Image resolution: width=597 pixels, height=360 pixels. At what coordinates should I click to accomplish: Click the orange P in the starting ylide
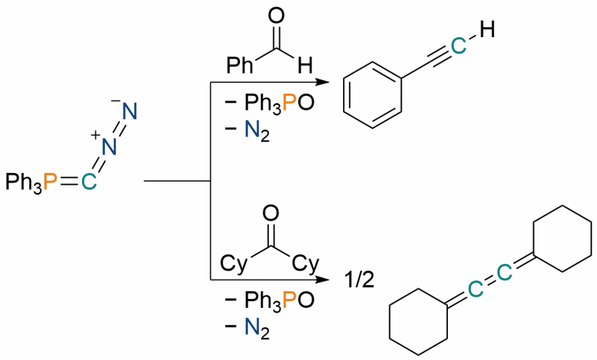50,181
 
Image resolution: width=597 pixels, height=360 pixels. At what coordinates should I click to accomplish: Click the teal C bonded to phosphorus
89,181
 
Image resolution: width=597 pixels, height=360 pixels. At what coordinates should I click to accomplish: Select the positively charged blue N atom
109,147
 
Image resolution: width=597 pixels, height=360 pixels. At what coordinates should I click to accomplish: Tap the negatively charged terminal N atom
129,111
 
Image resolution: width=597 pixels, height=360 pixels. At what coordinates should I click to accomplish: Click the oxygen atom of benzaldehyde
276,17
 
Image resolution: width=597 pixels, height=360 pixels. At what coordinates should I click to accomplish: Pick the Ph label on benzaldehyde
240,65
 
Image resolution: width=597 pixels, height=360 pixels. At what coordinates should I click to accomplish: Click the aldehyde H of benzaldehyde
305,65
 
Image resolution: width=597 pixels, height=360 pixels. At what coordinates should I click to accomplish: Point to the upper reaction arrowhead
322,82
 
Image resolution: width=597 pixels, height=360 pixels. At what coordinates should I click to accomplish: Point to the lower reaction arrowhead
322,280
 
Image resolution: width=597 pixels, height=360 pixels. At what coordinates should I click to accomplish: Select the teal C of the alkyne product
458,46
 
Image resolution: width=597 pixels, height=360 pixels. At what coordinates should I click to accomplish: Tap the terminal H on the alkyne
487,29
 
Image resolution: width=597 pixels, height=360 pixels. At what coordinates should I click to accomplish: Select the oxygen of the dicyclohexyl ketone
271,214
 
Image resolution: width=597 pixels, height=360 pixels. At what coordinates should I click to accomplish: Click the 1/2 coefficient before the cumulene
359,280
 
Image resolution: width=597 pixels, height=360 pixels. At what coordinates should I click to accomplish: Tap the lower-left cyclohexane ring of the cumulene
389,322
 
